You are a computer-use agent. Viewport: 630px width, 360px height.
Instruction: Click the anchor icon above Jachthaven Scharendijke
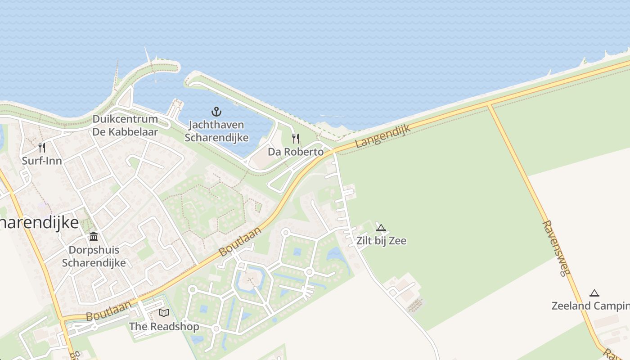click(217, 111)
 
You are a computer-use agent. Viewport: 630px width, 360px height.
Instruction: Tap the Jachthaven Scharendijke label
click(216, 131)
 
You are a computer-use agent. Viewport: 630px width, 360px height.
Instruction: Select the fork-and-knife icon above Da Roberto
click(296, 138)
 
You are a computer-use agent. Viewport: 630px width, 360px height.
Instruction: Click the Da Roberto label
click(296, 152)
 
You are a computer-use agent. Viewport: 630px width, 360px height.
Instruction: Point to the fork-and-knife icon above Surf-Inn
click(42, 147)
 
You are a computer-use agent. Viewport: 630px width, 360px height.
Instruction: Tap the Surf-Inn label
click(42, 161)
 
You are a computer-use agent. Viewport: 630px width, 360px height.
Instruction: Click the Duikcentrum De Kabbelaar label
click(125, 126)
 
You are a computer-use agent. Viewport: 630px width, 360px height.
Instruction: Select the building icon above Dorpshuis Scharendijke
click(94, 236)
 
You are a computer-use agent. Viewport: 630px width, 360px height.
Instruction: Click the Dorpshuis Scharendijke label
click(94, 256)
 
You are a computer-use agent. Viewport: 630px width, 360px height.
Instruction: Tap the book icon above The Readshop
click(164, 313)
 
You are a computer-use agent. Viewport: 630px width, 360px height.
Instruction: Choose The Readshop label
click(164, 326)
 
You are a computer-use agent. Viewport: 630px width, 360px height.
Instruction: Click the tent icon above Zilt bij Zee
click(381, 228)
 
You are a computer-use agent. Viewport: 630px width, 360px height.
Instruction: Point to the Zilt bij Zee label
click(381, 241)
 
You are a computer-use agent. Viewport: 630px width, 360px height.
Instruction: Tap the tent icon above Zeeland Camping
click(594, 293)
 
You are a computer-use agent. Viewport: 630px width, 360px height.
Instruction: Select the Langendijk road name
click(382, 136)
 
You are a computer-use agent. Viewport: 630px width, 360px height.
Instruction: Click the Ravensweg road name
click(556, 248)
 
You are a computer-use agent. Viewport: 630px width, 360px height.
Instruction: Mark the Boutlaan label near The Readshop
click(108, 311)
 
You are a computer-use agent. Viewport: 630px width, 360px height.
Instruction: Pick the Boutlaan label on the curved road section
click(240, 242)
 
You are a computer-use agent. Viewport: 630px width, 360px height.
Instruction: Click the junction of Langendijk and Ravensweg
click(489, 105)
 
